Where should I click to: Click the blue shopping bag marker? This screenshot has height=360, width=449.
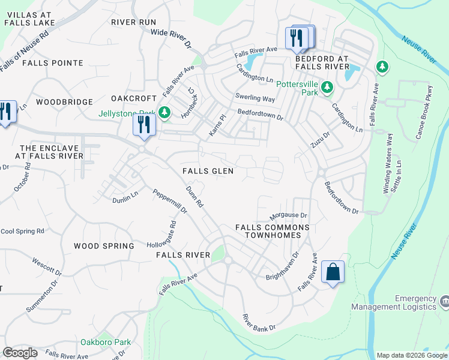click(333, 272)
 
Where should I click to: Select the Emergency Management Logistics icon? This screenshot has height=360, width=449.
click(444, 299)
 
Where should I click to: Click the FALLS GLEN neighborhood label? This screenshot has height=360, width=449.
click(208, 171)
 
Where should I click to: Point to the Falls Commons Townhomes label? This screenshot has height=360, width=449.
click(272, 232)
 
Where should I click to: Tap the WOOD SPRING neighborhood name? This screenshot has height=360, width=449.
click(104, 246)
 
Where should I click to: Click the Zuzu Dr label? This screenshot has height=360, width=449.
click(321, 140)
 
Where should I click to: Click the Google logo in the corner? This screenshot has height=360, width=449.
click(20, 353)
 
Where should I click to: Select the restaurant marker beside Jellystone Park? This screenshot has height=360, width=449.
click(143, 124)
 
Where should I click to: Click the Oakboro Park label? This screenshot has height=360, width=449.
click(106, 342)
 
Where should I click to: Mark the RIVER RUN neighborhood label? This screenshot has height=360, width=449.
click(133, 22)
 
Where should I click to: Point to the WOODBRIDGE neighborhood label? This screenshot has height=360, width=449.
click(64, 103)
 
